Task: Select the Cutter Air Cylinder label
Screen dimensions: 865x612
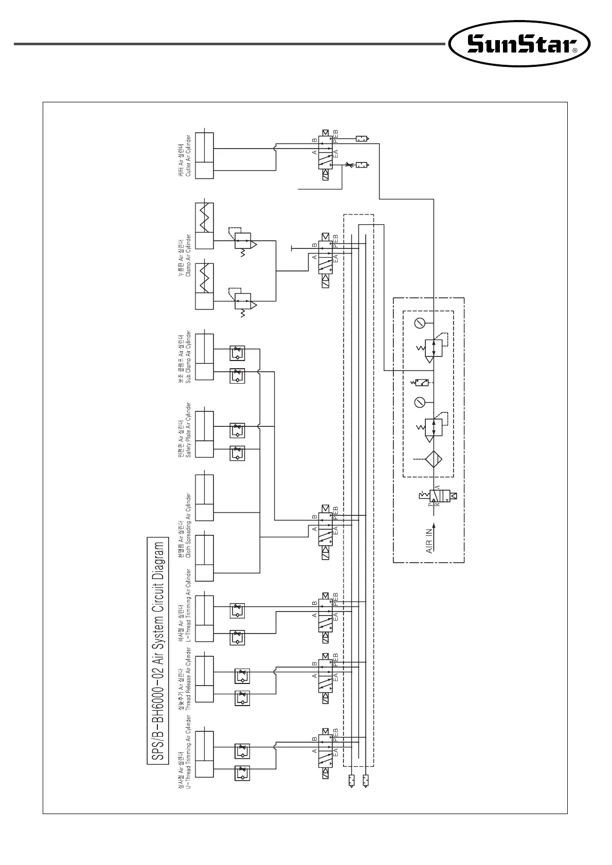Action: click(185, 156)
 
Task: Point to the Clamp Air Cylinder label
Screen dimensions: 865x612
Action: click(185, 257)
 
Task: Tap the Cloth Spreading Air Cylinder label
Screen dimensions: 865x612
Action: click(185, 525)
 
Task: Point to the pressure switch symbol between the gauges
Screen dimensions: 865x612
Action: click(423, 383)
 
